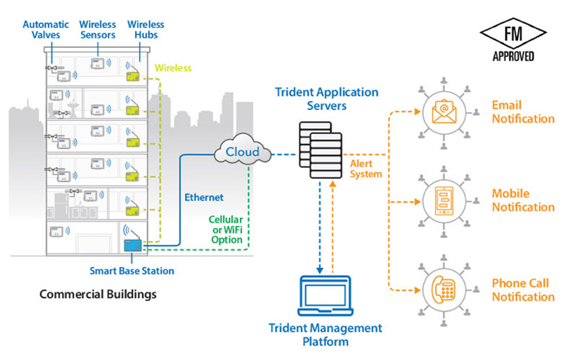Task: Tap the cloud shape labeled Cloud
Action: click(243, 153)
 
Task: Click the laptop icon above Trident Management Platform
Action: click(324, 296)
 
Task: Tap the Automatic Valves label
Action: click(46, 30)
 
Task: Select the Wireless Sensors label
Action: click(97, 30)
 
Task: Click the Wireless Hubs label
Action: click(147, 30)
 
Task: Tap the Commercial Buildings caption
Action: click(98, 294)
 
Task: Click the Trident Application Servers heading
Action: click(327, 98)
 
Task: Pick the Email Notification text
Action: click(523, 112)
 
